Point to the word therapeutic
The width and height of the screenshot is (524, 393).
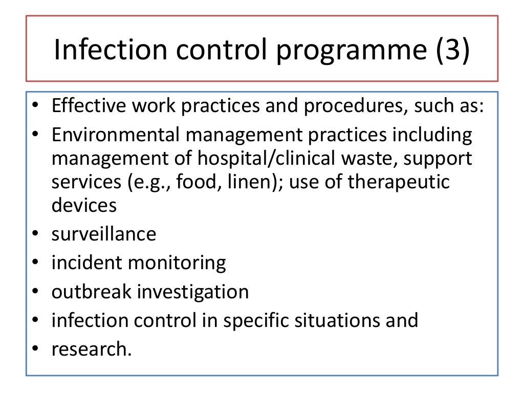point(399,183)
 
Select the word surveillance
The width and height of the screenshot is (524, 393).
point(104,234)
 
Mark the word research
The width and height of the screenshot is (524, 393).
point(91,350)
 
